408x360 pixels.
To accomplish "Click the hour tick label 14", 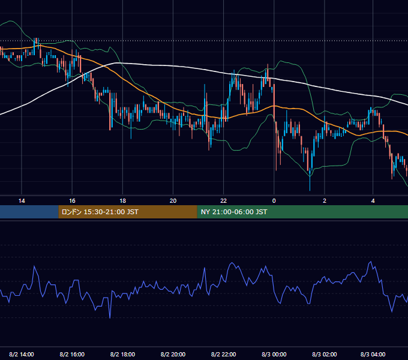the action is (22, 201).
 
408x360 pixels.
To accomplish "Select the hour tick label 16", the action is (72, 201).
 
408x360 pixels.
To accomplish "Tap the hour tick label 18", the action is (122, 201).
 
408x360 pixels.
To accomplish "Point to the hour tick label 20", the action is (173, 201).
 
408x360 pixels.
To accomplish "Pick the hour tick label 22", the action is (224, 201).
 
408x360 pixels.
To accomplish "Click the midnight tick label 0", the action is (274, 201).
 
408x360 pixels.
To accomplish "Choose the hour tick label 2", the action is (325, 201).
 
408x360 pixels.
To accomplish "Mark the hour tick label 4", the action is (373, 201).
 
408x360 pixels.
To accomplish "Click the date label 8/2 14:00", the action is (22, 354).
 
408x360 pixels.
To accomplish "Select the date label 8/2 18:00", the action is (122, 354).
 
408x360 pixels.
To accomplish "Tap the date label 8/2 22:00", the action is (224, 354).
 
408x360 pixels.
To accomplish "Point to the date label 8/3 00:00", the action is (274, 354).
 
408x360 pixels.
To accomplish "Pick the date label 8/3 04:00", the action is (373, 354).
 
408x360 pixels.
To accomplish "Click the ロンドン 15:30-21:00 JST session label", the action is (100, 212).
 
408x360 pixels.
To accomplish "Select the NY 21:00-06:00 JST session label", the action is (234, 212).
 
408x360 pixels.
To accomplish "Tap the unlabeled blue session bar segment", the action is (29, 212).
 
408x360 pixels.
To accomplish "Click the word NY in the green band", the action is (205, 212).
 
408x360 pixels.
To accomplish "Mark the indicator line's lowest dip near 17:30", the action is (110, 317).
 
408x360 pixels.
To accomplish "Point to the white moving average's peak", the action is (117, 63).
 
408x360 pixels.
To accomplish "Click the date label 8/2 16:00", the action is (72, 354).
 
